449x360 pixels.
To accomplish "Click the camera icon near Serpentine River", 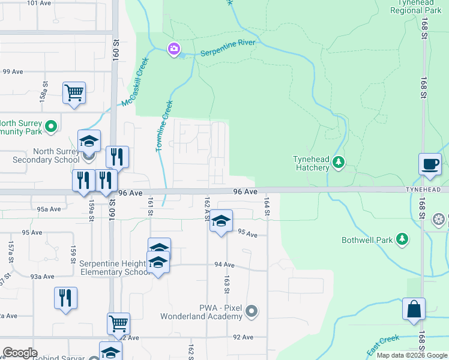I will tap(174, 49).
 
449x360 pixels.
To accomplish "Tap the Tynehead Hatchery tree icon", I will tap(339, 161).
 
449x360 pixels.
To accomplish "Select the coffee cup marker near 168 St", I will tap(430, 164).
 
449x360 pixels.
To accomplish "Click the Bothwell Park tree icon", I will tap(402, 240).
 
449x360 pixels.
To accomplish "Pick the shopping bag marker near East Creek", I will tap(414, 310).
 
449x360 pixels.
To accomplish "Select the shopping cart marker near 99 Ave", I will tap(74, 94).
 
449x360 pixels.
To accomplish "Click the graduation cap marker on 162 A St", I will tap(221, 221).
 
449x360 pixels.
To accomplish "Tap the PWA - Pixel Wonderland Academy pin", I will tap(252, 311).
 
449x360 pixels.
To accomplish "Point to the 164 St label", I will tap(265, 204).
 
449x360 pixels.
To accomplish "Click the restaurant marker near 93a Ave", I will tap(66, 298).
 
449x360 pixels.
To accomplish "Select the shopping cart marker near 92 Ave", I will tap(118, 324).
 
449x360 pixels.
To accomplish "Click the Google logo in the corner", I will tap(20, 353).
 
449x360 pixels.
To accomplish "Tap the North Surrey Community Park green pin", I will tap(51, 127).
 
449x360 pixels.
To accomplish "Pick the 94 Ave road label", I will tap(223, 265).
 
